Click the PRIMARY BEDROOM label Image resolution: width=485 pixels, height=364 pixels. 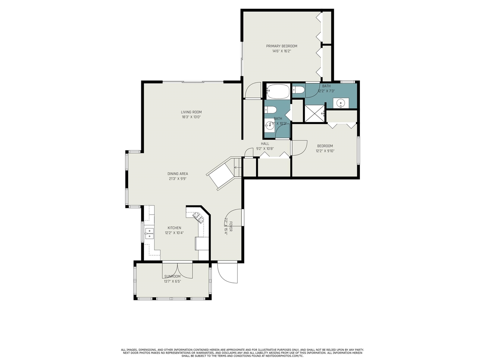(282, 46)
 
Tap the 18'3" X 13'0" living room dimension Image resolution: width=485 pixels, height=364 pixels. (191, 117)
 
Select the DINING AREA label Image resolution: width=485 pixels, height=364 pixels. (178, 174)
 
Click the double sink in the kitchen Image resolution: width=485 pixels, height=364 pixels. (149, 233)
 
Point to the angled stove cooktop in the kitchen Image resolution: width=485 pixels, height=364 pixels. (199, 217)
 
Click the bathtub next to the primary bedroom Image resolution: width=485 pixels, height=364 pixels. (278, 91)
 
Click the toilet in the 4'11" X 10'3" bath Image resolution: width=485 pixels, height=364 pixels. (271, 110)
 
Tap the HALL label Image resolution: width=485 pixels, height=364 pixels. (265, 144)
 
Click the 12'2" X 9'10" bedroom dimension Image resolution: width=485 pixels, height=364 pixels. (325, 151)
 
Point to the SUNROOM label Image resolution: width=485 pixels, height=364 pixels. (172, 276)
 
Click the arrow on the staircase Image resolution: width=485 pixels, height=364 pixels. (237, 167)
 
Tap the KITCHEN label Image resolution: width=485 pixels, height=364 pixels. (174, 228)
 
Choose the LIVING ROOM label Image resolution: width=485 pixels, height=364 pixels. (191, 112)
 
